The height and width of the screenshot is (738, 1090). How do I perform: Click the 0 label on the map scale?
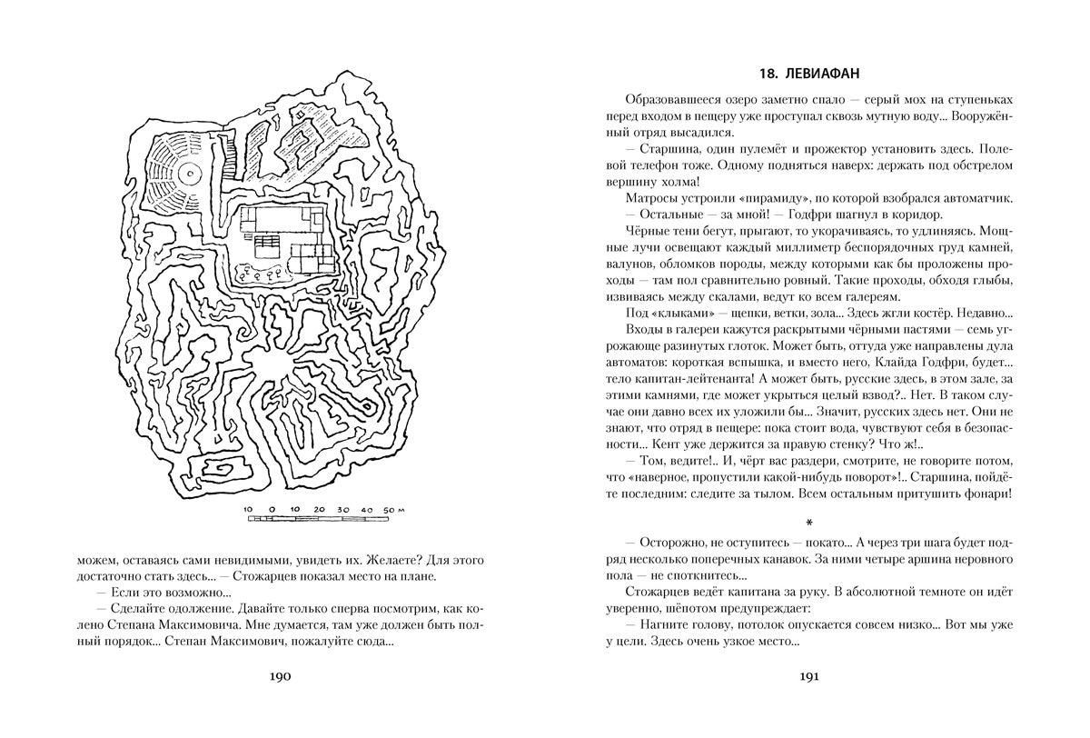[272, 510]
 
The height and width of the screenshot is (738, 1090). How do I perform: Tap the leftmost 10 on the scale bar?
[250, 510]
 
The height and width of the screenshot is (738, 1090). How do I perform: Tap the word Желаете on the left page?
[350, 558]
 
